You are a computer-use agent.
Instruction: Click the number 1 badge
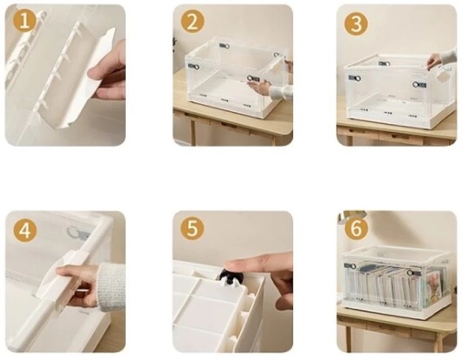tap(25, 20)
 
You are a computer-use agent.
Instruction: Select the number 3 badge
tap(356, 23)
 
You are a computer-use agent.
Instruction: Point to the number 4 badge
tap(25, 230)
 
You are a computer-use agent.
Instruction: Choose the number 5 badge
tap(192, 229)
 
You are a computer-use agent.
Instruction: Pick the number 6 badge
tap(356, 229)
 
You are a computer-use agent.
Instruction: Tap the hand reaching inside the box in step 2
tap(260, 87)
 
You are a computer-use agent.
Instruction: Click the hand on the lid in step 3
tap(434, 61)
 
